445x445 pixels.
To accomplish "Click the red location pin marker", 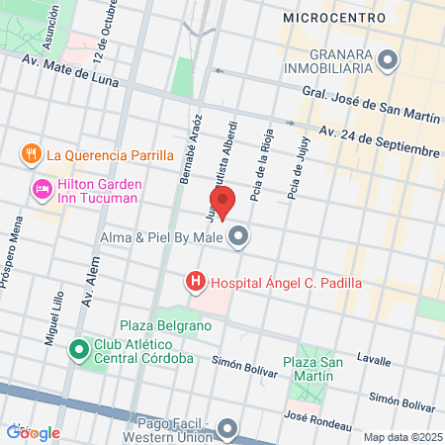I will pos(223,202).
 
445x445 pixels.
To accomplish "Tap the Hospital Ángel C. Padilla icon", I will pos(196,283).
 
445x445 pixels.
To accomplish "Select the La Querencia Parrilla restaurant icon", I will pos(31,154).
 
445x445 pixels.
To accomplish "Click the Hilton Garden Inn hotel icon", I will pos(43,189).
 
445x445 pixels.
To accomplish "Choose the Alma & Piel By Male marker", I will pos(239,236).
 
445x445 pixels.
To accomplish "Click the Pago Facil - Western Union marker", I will pos(229,428).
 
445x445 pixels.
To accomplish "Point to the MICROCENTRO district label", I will pos(327,18).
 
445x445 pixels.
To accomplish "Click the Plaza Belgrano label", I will pos(166,325).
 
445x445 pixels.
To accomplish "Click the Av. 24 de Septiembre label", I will pos(379,141).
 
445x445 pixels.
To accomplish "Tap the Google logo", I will pos(33,432).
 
